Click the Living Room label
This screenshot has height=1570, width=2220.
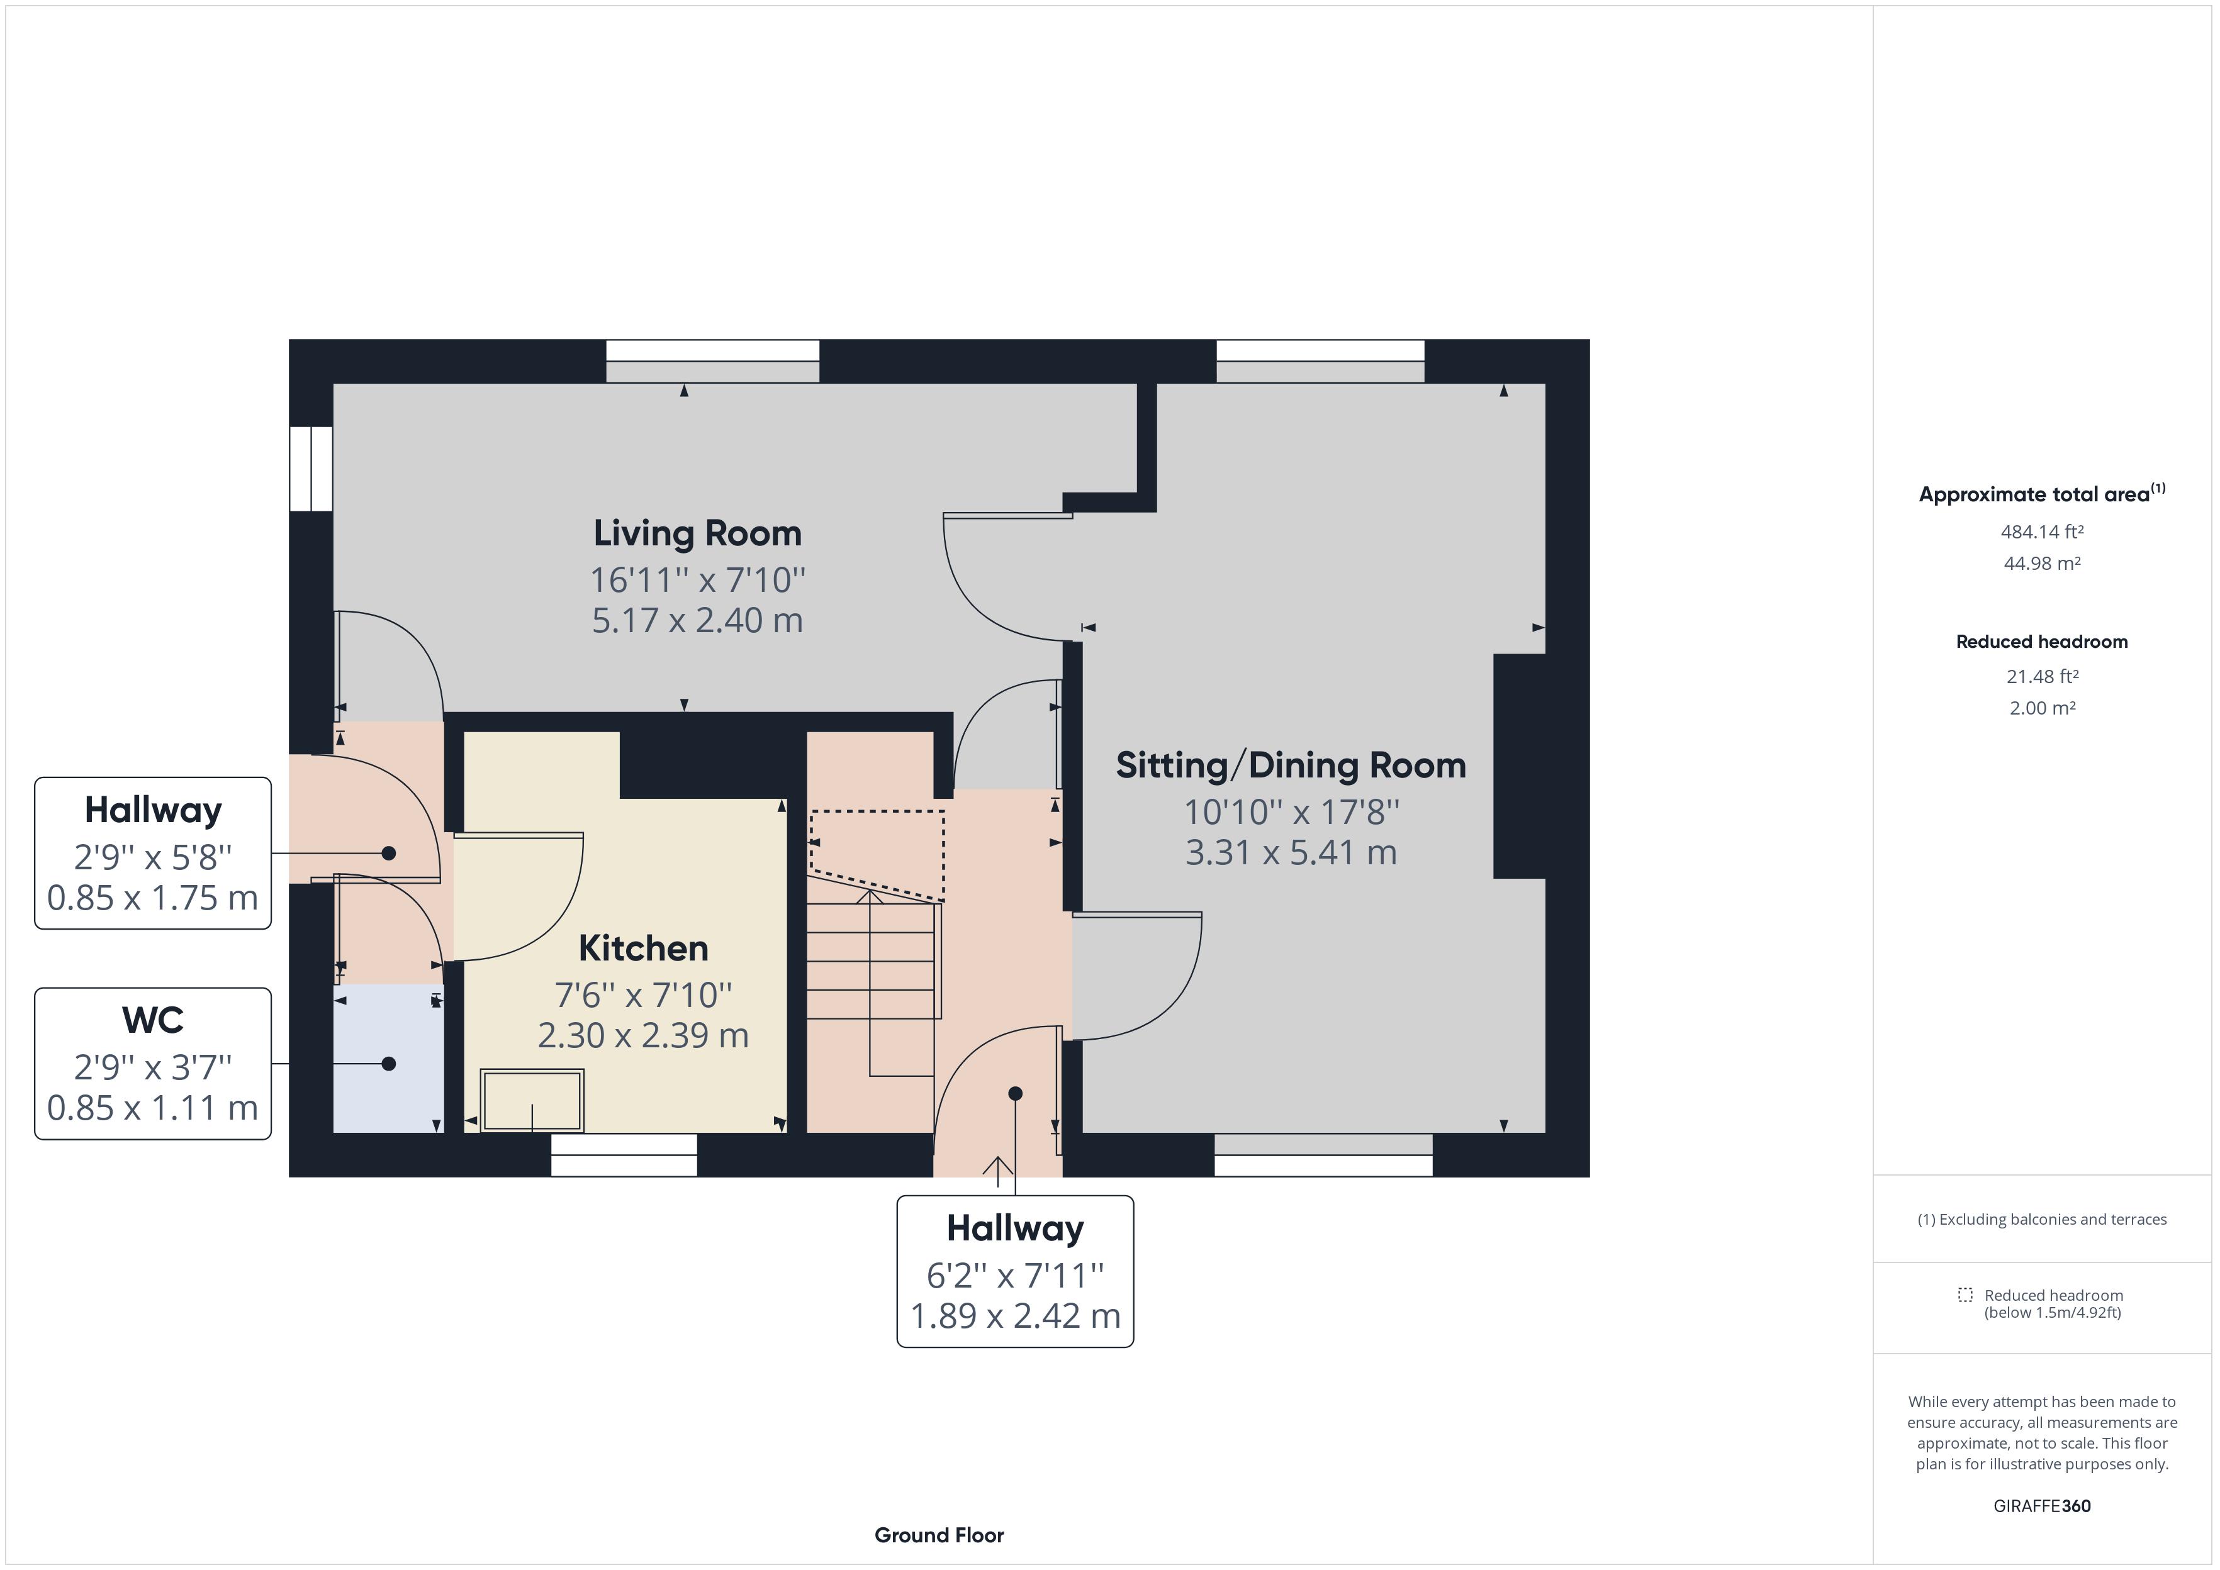(x=697, y=533)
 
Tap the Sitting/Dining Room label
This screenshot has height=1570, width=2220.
(x=1291, y=766)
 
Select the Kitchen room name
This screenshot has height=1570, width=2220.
(x=643, y=949)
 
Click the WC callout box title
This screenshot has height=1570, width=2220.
(x=153, y=1020)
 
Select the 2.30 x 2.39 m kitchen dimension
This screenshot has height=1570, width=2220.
(x=643, y=1035)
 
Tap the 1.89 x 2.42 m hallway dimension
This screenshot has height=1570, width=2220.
(x=1014, y=1316)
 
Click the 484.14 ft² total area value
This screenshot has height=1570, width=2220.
(x=2041, y=532)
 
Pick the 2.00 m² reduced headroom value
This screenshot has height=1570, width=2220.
(x=2041, y=708)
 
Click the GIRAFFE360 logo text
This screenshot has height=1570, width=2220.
(x=2041, y=1505)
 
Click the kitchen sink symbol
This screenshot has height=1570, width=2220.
(x=532, y=1100)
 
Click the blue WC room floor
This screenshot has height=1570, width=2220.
(x=387, y=1083)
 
